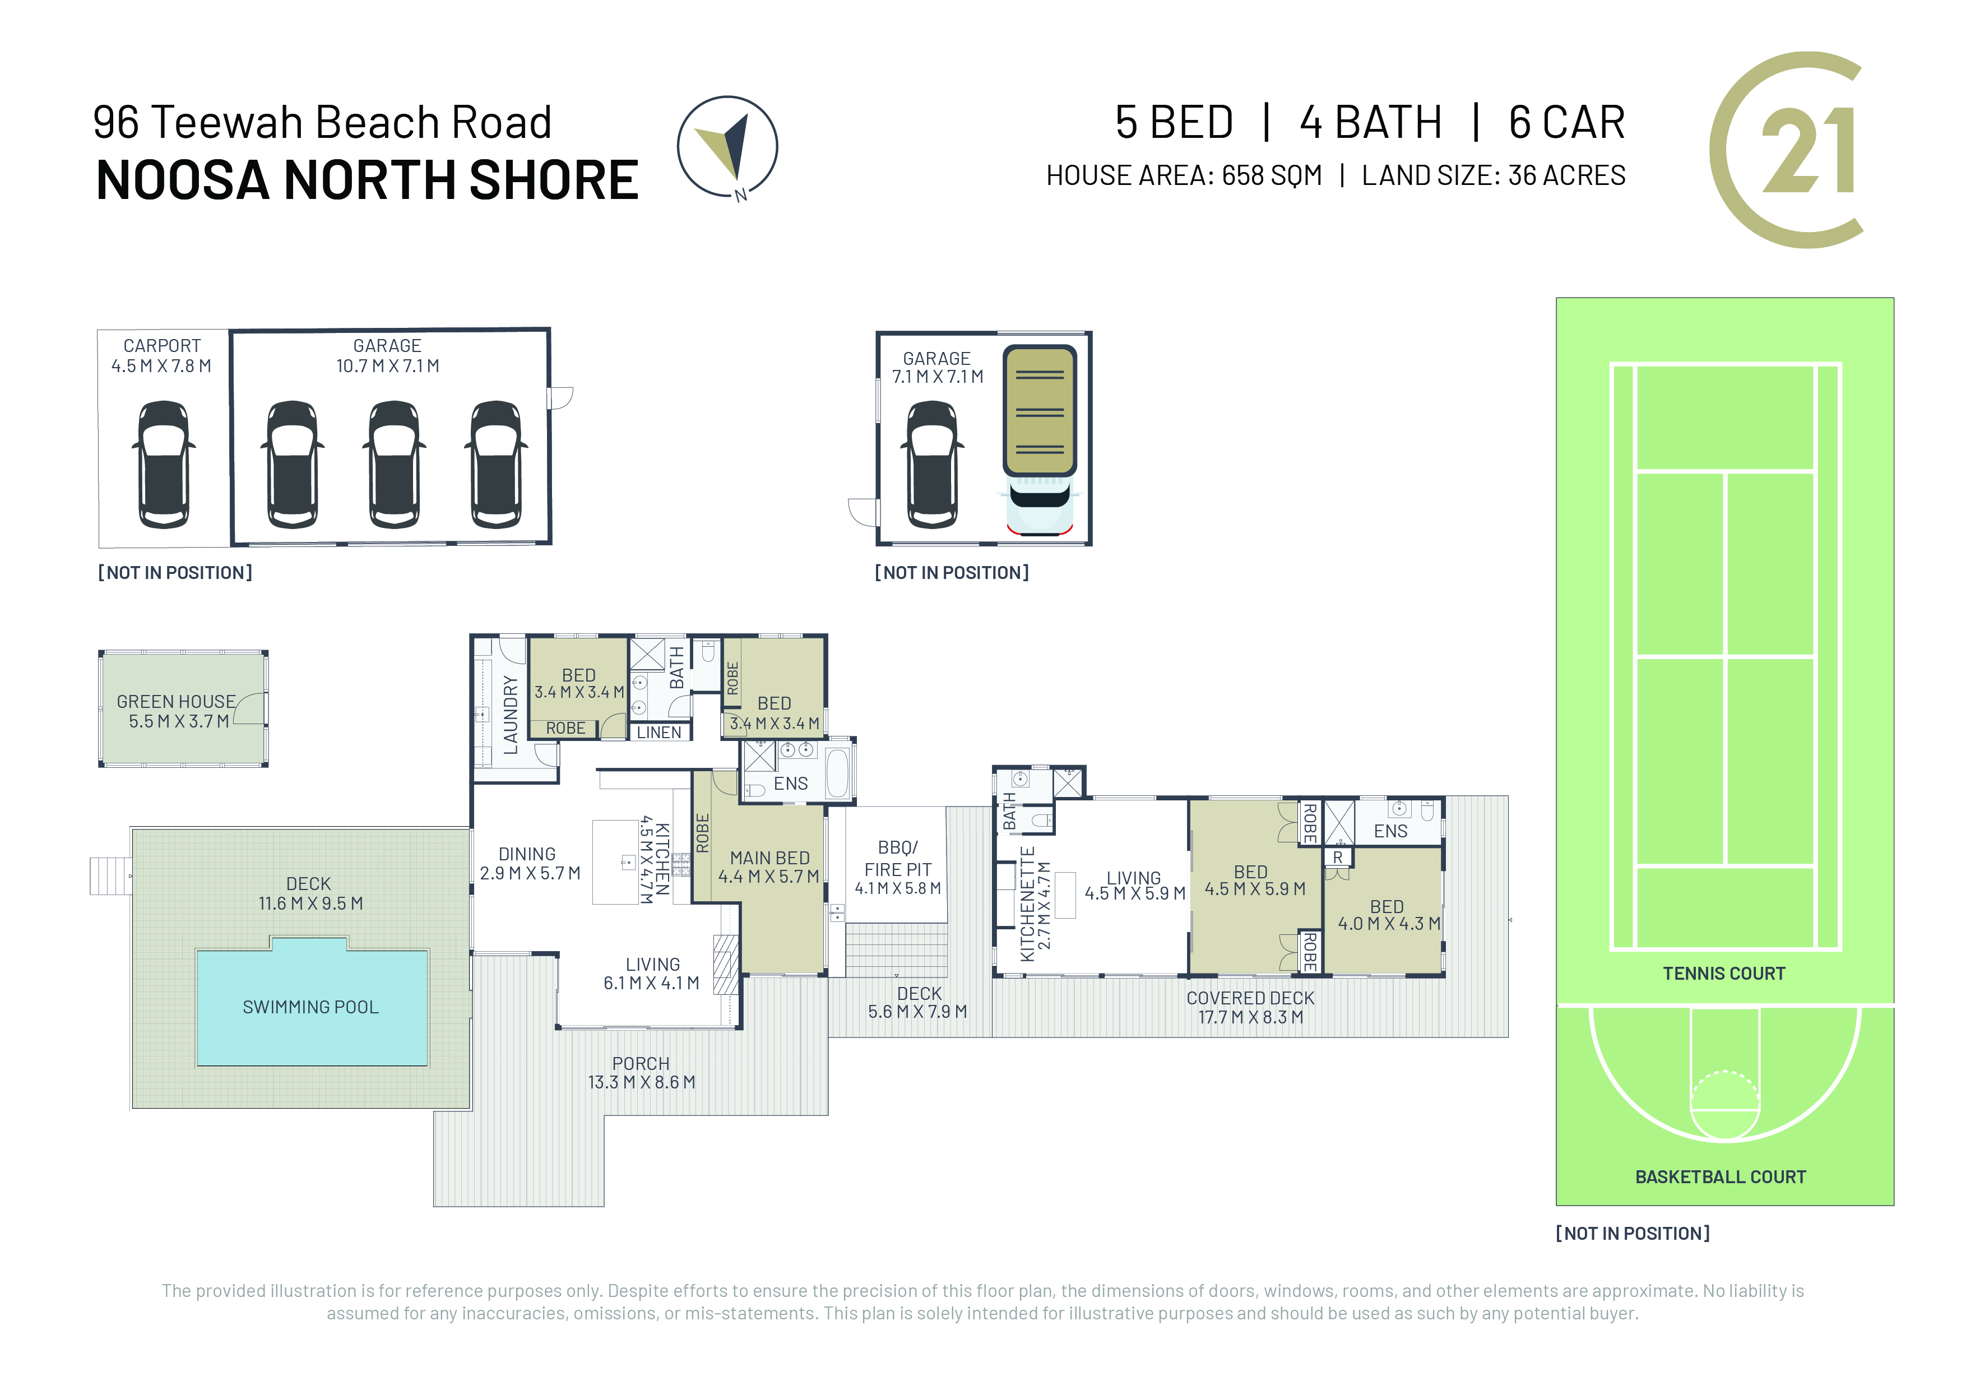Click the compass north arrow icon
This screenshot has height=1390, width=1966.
[x=727, y=147]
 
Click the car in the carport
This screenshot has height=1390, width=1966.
[x=164, y=464]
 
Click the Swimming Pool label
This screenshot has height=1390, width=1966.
[x=311, y=1007]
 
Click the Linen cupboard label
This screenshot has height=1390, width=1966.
[x=659, y=732]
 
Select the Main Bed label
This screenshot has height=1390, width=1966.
[x=770, y=858]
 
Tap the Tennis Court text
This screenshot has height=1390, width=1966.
[x=1724, y=974]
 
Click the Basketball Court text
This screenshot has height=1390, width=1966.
[x=1721, y=1178]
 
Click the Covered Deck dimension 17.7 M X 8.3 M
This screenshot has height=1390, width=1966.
[x=1250, y=1017]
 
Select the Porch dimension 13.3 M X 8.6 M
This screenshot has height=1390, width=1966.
[x=641, y=1082]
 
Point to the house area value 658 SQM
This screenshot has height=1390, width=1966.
[x=1272, y=175]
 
